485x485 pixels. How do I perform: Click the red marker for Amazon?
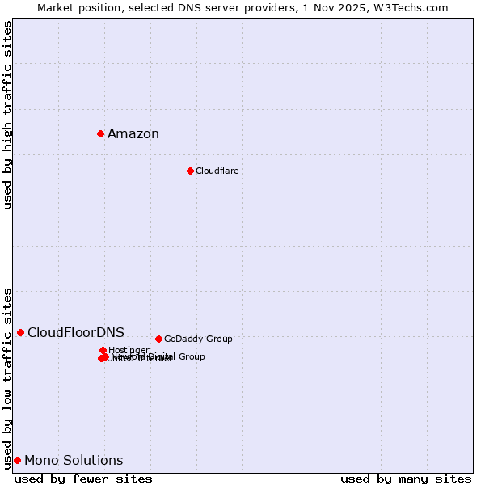(100, 133)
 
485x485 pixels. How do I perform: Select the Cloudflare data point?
(190, 171)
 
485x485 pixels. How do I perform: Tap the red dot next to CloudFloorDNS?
(20, 332)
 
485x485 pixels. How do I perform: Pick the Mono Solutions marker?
(17, 460)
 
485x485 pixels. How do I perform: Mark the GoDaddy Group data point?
(158, 339)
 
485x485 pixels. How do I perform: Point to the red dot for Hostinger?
(103, 350)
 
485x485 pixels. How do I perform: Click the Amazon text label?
(133, 134)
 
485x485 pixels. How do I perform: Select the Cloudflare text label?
(217, 171)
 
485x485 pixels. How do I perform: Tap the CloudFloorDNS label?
(76, 332)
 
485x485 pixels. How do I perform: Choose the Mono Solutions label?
(74, 461)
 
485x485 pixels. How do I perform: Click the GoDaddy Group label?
(198, 339)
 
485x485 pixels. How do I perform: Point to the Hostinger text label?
(129, 350)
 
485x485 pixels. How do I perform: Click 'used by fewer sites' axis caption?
(83, 479)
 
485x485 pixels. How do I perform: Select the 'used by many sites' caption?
(406, 479)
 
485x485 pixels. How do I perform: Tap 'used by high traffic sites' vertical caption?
(7, 115)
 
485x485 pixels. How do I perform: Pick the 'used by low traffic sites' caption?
(7, 378)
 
